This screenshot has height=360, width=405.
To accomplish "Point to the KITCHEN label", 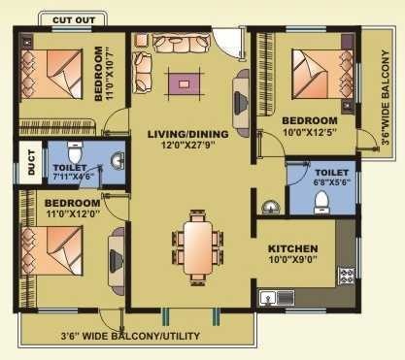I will [293, 248].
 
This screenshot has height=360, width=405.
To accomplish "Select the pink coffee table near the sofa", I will [182, 84].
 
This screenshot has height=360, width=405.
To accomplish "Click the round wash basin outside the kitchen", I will [270, 207].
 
